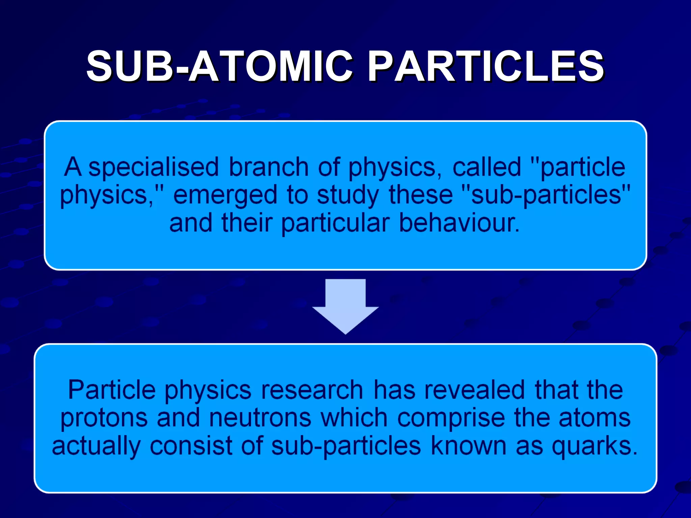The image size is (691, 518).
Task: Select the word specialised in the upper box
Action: tap(154, 167)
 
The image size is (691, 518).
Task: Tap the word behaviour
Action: tap(459, 223)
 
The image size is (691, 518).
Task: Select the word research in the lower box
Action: tap(312, 391)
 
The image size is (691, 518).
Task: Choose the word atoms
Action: tap(595, 418)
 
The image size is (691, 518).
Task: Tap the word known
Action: tap(469, 446)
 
